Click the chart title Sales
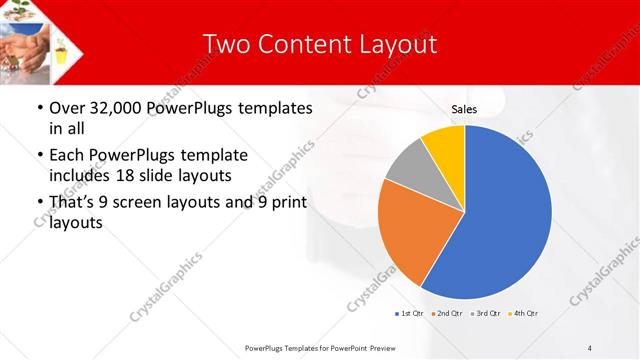tap(464, 109)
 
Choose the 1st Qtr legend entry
tap(409, 315)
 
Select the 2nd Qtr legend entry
tap(446, 315)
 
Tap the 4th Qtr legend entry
tap(524, 315)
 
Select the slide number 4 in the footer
tap(590, 347)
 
